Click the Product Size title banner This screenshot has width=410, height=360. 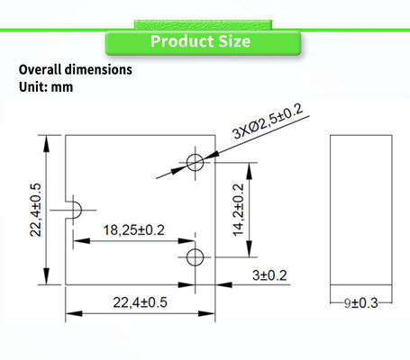[203, 42]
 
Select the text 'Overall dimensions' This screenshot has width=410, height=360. [76, 69]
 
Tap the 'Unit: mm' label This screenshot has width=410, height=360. [46, 87]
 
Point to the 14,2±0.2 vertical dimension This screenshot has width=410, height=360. [239, 210]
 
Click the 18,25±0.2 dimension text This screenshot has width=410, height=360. [134, 230]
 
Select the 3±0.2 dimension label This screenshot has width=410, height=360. [269, 275]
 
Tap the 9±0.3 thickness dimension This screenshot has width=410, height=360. [361, 303]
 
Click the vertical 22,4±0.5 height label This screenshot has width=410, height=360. [35, 210]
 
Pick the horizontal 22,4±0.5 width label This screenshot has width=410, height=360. [140, 302]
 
